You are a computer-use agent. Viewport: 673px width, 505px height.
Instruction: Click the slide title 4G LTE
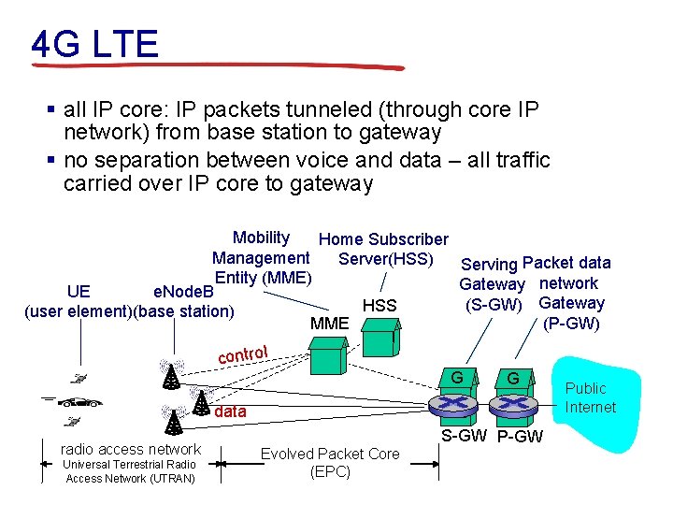tap(94, 43)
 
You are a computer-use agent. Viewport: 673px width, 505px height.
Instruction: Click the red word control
tap(243, 354)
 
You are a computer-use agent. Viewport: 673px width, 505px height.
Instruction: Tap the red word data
tap(231, 411)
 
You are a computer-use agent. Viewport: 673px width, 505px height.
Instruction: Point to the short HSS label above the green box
tap(379, 306)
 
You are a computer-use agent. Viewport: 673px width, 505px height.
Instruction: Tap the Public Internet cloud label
tap(590, 397)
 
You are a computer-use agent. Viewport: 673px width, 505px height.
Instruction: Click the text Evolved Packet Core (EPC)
tap(330, 463)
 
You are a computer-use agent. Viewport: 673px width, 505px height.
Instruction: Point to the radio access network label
tap(130, 449)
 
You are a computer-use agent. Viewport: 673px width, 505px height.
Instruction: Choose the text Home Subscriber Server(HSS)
tap(384, 249)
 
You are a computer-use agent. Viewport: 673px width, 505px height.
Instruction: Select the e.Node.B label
tap(183, 292)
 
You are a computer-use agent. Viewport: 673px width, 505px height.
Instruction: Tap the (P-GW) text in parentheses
tap(571, 324)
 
